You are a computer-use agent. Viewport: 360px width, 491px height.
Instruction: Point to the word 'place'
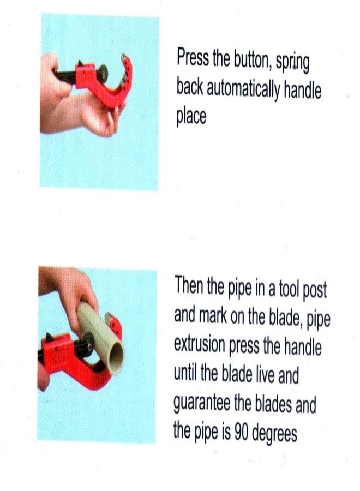click(x=191, y=116)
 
